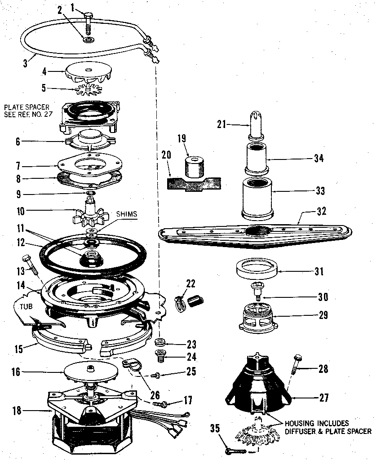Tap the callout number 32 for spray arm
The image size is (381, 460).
pyautogui.click(x=322, y=211)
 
